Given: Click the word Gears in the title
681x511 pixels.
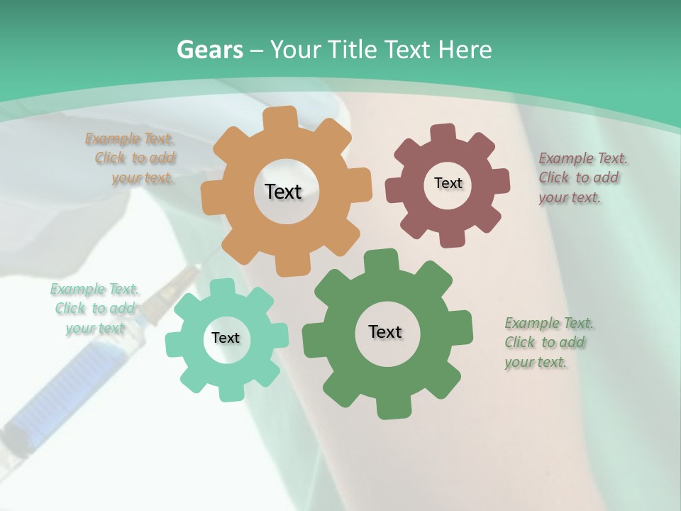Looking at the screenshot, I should [x=209, y=50].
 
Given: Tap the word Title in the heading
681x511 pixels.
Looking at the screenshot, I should [x=353, y=50].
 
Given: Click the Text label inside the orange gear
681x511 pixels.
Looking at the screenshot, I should [x=283, y=192].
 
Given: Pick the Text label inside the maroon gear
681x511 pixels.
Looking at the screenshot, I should [x=448, y=183].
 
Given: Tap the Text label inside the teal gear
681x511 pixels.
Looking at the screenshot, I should [x=226, y=338].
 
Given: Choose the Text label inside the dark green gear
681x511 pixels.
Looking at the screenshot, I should [x=385, y=331].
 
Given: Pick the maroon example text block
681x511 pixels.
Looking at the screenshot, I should [x=581, y=177].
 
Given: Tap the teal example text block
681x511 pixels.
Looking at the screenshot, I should [x=95, y=308].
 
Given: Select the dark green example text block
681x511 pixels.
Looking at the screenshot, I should [x=548, y=342].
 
